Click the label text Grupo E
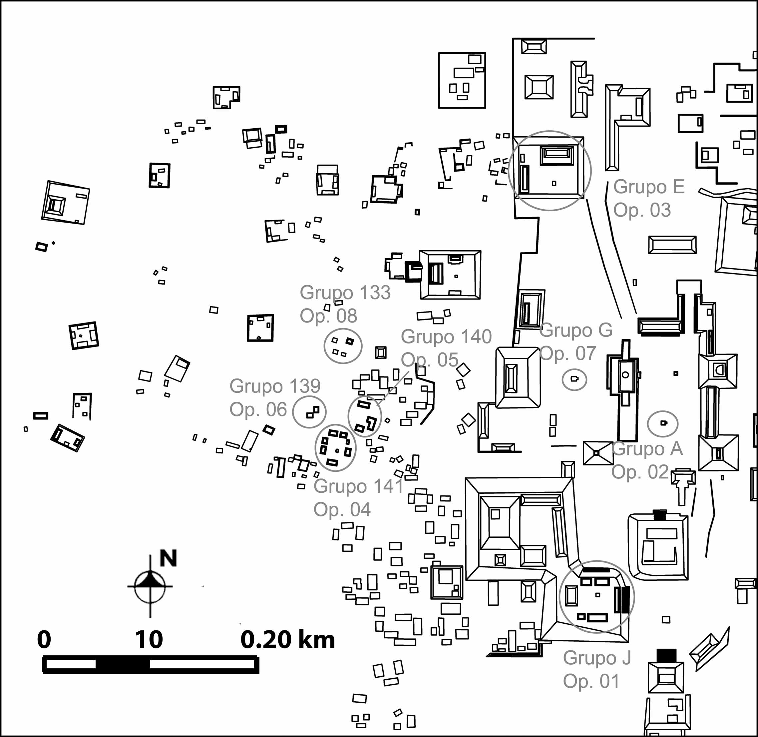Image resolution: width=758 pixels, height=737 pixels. tap(649, 187)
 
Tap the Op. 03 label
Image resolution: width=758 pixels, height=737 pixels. tap(642, 210)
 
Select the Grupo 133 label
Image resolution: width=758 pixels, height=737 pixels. tap(345, 292)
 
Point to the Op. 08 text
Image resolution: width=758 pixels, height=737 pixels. tap(328, 316)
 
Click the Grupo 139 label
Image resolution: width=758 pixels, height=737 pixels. tap(275, 386)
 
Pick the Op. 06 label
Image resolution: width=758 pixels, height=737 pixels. tap(258, 409)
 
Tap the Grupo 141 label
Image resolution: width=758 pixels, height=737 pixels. tap(359, 486)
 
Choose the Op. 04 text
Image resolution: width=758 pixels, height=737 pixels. tap(342, 510)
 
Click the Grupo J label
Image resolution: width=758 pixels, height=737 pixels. tap(597, 658)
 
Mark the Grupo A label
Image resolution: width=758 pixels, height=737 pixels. tap(647, 448)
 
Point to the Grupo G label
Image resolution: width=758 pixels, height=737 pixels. tap(576, 330)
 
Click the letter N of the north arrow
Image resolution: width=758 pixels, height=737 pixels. tap(168, 558)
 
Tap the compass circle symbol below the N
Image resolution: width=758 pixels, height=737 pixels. tap(150, 586)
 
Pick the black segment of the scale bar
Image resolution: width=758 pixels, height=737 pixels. tap(122, 664)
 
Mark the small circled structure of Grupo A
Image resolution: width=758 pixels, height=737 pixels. tap(663, 423)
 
